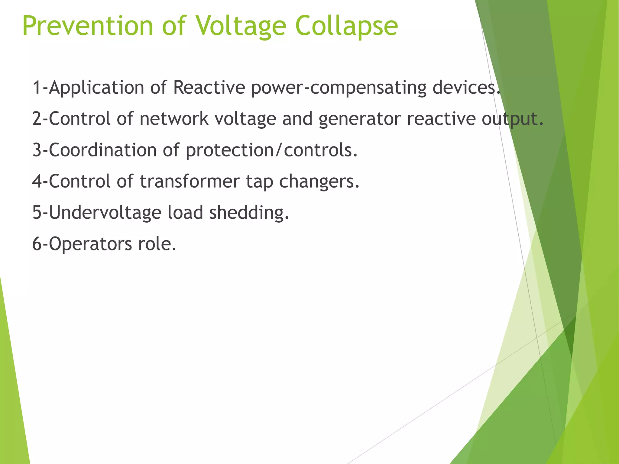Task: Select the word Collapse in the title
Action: (x=346, y=26)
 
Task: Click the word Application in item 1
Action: (x=96, y=88)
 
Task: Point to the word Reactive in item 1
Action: (x=209, y=88)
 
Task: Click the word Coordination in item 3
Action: (x=102, y=150)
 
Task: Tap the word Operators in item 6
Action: (x=90, y=244)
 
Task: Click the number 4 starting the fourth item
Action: (x=37, y=181)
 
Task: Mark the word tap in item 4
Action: (x=259, y=182)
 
